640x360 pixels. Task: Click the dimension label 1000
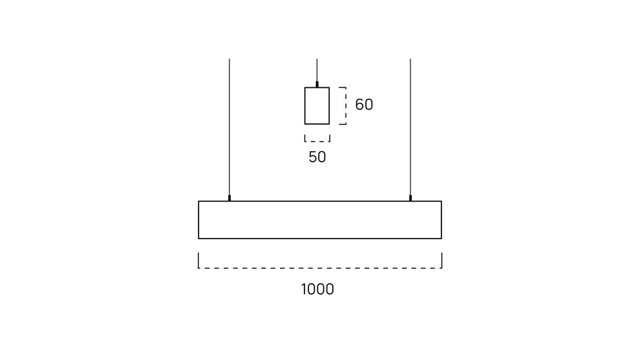(x=317, y=290)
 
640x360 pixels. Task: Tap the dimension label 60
(x=364, y=105)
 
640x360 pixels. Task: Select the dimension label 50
(x=317, y=157)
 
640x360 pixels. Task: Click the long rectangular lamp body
(x=320, y=201)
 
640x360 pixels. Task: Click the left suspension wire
(x=229, y=127)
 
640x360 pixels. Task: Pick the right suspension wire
(x=411, y=127)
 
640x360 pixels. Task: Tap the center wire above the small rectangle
(x=317, y=70)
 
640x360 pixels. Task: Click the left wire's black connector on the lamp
(x=229, y=198)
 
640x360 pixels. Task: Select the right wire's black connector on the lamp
(x=411, y=198)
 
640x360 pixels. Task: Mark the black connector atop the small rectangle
(x=317, y=85)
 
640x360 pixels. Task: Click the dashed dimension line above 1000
(x=320, y=268)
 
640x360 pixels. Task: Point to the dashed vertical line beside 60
(x=346, y=106)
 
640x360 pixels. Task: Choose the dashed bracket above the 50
(x=317, y=142)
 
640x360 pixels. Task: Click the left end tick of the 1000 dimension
(x=198, y=260)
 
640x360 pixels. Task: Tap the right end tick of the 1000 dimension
(x=442, y=260)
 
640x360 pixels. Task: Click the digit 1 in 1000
(x=304, y=290)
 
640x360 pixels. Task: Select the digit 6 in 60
(x=359, y=105)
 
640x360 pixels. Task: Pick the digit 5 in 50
(x=313, y=157)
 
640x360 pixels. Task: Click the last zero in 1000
(x=330, y=290)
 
